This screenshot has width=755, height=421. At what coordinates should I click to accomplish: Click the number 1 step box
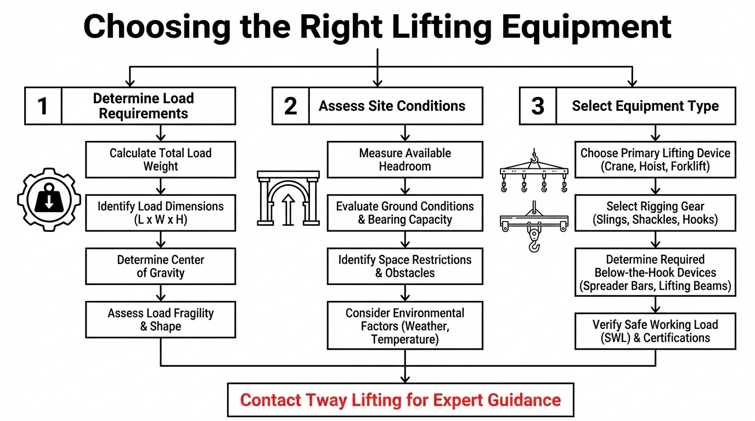coord(43,106)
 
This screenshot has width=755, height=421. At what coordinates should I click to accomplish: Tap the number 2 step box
coord(290,106)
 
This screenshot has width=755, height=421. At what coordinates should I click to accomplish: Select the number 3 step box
coord(538,106)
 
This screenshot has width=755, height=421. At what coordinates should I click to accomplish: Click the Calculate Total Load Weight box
coord(160,160)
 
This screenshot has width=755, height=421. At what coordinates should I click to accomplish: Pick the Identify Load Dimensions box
coord(160,213)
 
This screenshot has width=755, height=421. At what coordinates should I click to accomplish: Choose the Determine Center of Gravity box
coord(160,266)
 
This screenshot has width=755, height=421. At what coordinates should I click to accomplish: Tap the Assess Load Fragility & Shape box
coord(160,320)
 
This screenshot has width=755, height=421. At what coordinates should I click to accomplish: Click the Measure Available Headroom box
coord(405,160)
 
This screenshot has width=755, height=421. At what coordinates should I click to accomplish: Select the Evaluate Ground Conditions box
coord(405,213)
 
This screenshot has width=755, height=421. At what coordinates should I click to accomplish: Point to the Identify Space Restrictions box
coord(405,266)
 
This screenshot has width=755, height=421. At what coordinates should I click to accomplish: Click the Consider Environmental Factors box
coord(405,326)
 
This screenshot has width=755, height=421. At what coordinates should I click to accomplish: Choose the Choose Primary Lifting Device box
coord(655,160)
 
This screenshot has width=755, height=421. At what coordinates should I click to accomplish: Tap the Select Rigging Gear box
coord(655,213)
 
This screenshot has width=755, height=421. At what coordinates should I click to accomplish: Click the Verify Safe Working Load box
coord(655,331)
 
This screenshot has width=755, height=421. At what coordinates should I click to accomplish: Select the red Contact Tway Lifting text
coord(401,400)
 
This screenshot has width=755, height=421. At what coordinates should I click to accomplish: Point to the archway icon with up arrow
coord(288,198)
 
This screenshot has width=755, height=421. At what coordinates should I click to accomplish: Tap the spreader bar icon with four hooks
coord(533,171)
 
